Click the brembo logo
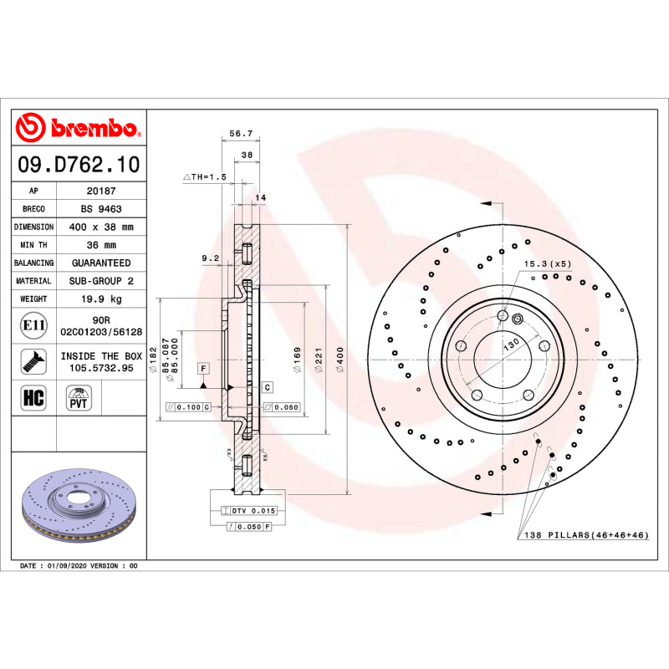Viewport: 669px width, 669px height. click(79, 128)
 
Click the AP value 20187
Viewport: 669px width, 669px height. click(101, 191)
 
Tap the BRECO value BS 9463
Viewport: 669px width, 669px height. click(101, 209)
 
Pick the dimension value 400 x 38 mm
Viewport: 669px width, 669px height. click(101, 227)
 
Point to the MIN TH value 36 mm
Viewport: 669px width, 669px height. click(101, 245)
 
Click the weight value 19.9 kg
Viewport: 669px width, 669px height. click(101, 299)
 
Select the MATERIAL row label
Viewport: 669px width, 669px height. click(33, 281)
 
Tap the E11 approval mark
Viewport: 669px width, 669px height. click(34, 324)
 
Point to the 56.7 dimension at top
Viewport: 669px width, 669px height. click(241, 133)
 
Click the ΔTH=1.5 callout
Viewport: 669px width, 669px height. click(205, 177)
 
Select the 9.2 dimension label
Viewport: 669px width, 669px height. click(210, 258)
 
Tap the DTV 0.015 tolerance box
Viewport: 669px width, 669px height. click(248, 510)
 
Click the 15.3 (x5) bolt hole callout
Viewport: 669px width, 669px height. click(548, 264)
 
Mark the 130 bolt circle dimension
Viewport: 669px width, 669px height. click(511, 343)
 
